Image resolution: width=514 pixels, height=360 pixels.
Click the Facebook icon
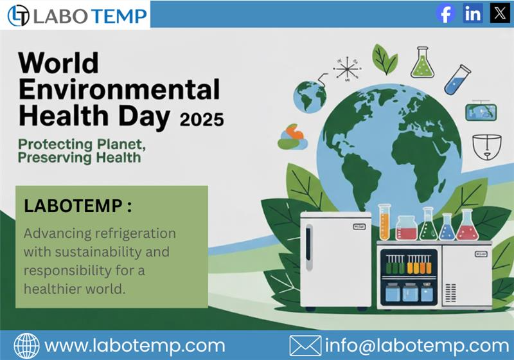[445, 14]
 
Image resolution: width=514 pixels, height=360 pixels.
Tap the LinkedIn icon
[473, 14]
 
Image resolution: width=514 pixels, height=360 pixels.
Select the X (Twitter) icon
[499, 14]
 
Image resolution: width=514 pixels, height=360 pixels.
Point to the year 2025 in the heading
[202, 118]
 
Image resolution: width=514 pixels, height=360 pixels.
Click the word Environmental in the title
[119, 89]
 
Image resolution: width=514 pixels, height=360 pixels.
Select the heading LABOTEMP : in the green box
[78, 206]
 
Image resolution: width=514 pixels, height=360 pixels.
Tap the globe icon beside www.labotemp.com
[26, 346]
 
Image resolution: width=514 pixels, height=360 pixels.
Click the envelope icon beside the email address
[305, 346]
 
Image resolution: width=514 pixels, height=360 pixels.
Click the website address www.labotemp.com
[134, 345]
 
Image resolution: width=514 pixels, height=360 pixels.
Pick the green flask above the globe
[421, 62]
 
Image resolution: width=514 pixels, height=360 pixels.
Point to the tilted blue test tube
[457, 78]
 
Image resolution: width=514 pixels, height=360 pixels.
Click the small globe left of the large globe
[310, 96]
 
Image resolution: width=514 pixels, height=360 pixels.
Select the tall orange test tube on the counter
[384, 222]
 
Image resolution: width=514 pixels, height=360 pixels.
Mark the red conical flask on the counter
[467, 226]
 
